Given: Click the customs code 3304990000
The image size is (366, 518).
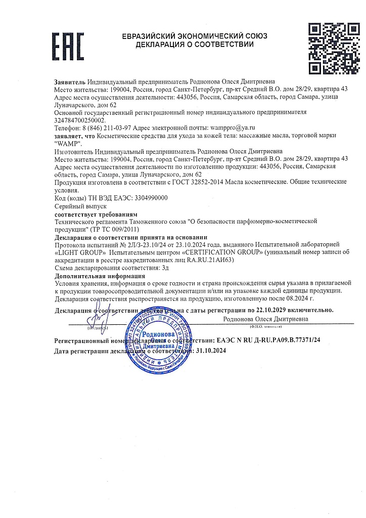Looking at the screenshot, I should [151, 199].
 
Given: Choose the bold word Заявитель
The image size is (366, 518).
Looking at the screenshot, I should [70, 81].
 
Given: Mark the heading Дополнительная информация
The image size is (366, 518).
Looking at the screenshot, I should [96, 276].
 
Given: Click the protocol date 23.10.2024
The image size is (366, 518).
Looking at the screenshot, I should [170, 244].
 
